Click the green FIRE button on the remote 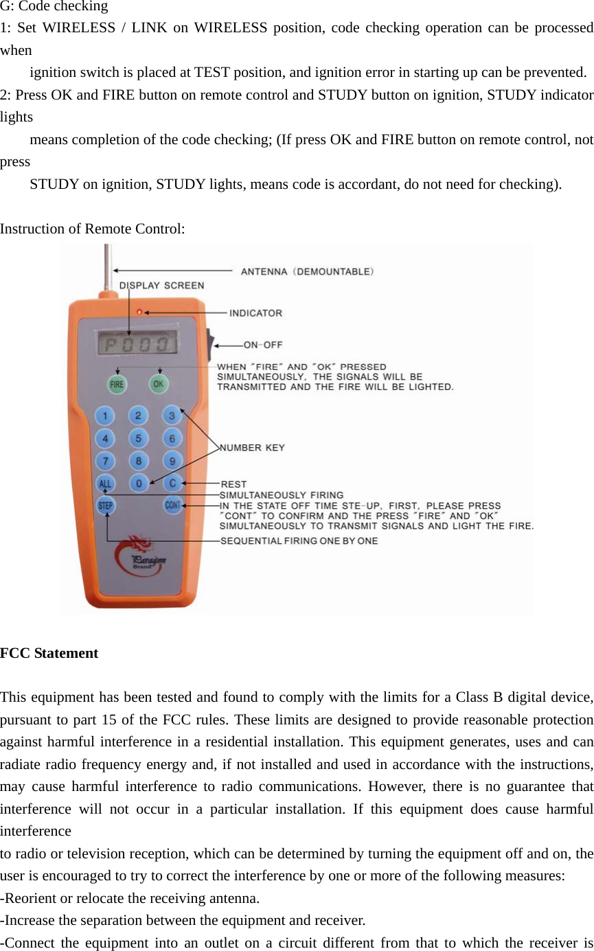117,385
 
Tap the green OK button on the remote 159,384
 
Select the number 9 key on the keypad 172,461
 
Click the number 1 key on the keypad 105,416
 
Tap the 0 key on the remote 139,484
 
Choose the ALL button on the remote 105,483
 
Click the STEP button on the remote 106,506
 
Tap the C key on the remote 173,483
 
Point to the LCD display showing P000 137,344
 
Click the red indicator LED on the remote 139,312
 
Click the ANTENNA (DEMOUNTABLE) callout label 307,272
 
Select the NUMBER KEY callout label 252,448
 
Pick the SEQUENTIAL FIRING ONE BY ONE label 299,541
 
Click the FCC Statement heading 49,653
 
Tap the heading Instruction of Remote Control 92,229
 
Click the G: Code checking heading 54,7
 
